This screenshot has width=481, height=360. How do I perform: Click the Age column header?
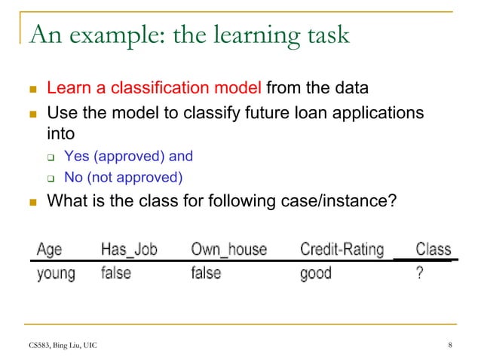click(50, 249)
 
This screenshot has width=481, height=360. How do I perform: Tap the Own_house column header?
click(228, 249)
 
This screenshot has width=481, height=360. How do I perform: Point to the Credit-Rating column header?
click(342, 249)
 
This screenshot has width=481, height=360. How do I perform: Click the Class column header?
click(433, 249)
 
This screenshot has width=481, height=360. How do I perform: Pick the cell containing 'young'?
click(56, 273)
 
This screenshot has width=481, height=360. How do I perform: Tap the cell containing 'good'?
click(315, 273)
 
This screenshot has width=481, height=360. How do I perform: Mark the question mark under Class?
click(419, 273)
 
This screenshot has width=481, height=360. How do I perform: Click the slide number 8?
click(449, 346)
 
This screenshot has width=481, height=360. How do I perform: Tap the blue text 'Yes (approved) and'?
click(128, 157)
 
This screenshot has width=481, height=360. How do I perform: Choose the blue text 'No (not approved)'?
click(124, 178)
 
